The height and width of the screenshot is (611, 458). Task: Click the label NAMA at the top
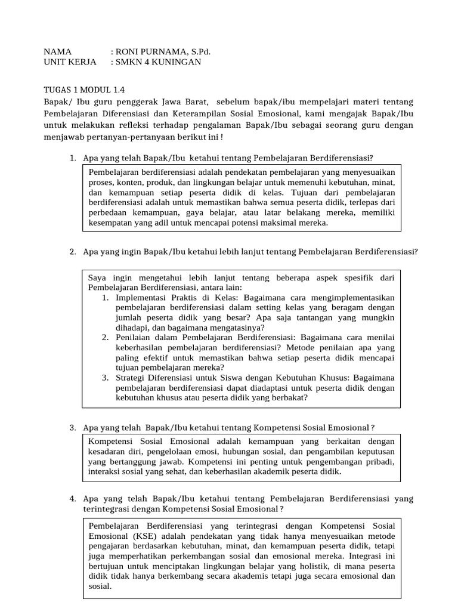(58, 51)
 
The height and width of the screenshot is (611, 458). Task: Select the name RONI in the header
(130, 51)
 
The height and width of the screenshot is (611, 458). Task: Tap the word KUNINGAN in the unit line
(178, 62)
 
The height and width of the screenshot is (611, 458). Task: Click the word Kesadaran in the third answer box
(107, 452)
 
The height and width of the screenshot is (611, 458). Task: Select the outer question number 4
(72, 498)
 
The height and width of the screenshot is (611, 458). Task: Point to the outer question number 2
(72, 252)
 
